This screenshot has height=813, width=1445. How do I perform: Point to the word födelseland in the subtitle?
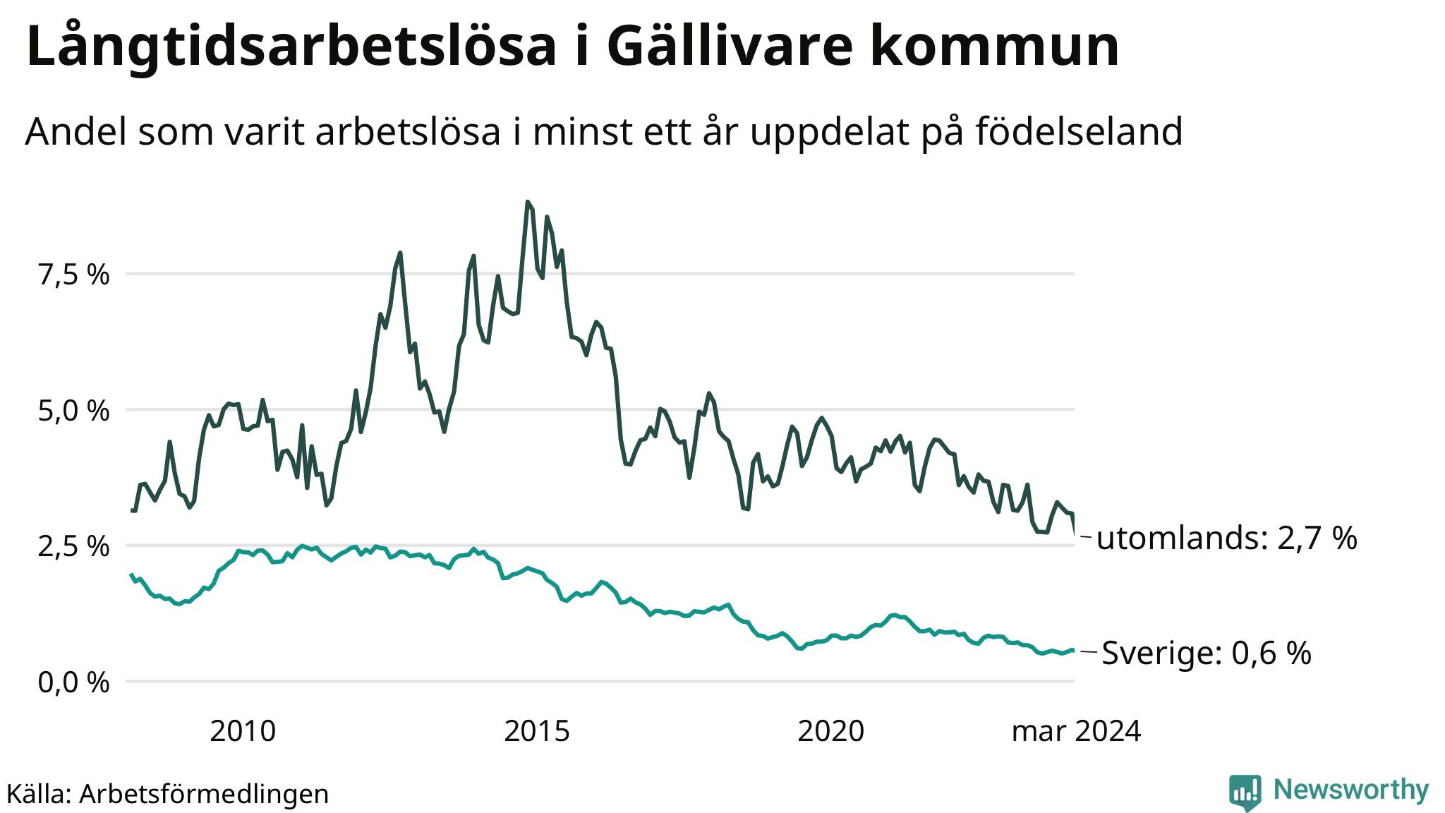(x=1080, y=131)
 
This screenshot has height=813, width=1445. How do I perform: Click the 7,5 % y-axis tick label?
(x=74, y=275)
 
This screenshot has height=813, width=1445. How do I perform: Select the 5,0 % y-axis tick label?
(x=74, y=411)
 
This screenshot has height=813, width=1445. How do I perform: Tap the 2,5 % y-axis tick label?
(x=74, y=546)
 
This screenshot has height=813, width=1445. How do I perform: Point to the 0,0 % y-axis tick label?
(x=74, y=682)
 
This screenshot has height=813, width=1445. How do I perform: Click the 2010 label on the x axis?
(x=243, y=731)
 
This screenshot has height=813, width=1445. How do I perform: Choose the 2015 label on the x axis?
(x=537, y=731)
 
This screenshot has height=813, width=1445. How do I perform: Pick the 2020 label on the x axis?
(x=831, y=731)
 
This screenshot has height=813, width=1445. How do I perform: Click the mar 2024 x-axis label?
(x=1076, y=731)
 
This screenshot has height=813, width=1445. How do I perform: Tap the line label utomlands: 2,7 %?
(x=1227, y=538)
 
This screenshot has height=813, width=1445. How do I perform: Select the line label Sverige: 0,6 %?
(x=1207, y=653)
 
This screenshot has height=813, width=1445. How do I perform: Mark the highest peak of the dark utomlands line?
(x=528, y=202)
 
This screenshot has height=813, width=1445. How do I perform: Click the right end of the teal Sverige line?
(x=1074, y=650)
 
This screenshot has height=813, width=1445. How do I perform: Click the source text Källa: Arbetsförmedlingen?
(x=168, y=794)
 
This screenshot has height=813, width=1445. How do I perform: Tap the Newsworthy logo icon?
(x=1245, y=793)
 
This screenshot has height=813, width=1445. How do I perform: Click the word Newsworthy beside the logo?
(x=1351, y=790)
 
